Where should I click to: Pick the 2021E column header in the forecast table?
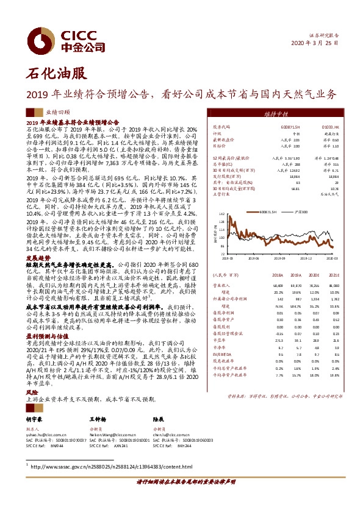coord(332,275)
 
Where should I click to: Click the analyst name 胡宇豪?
coord(35,420)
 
